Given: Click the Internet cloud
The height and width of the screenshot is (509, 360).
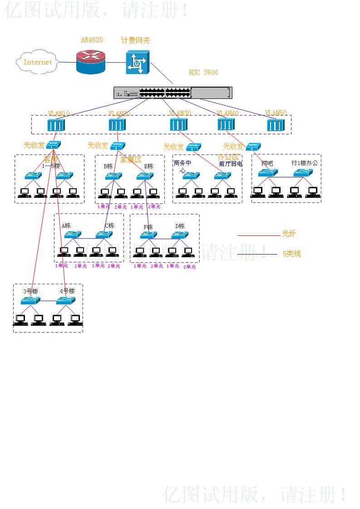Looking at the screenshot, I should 37,63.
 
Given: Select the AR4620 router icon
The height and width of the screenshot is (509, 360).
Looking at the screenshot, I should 90,61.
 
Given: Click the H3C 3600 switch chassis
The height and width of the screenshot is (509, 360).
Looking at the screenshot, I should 173,93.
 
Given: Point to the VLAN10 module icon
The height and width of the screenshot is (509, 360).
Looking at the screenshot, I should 56,125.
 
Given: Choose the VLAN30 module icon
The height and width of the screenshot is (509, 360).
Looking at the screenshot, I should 178,125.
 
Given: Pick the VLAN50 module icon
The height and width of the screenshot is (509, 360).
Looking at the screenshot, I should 275,125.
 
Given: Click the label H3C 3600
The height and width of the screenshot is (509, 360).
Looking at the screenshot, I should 203,73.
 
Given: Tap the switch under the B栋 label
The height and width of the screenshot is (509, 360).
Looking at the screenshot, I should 113,176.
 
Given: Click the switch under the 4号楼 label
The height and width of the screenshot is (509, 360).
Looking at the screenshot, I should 65,301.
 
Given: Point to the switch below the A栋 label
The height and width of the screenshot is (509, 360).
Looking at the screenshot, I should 72,235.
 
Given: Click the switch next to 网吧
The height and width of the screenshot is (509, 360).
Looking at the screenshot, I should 268,173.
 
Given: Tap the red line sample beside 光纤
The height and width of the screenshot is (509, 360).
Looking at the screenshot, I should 259,235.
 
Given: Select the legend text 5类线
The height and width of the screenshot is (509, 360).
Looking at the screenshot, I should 291,254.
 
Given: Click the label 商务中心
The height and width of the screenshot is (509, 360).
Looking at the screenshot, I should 182,166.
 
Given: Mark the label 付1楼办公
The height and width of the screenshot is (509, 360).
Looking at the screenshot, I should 305,162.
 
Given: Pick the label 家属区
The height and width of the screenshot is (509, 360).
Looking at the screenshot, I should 131,160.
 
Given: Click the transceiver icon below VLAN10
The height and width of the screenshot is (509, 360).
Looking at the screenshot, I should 54,145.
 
